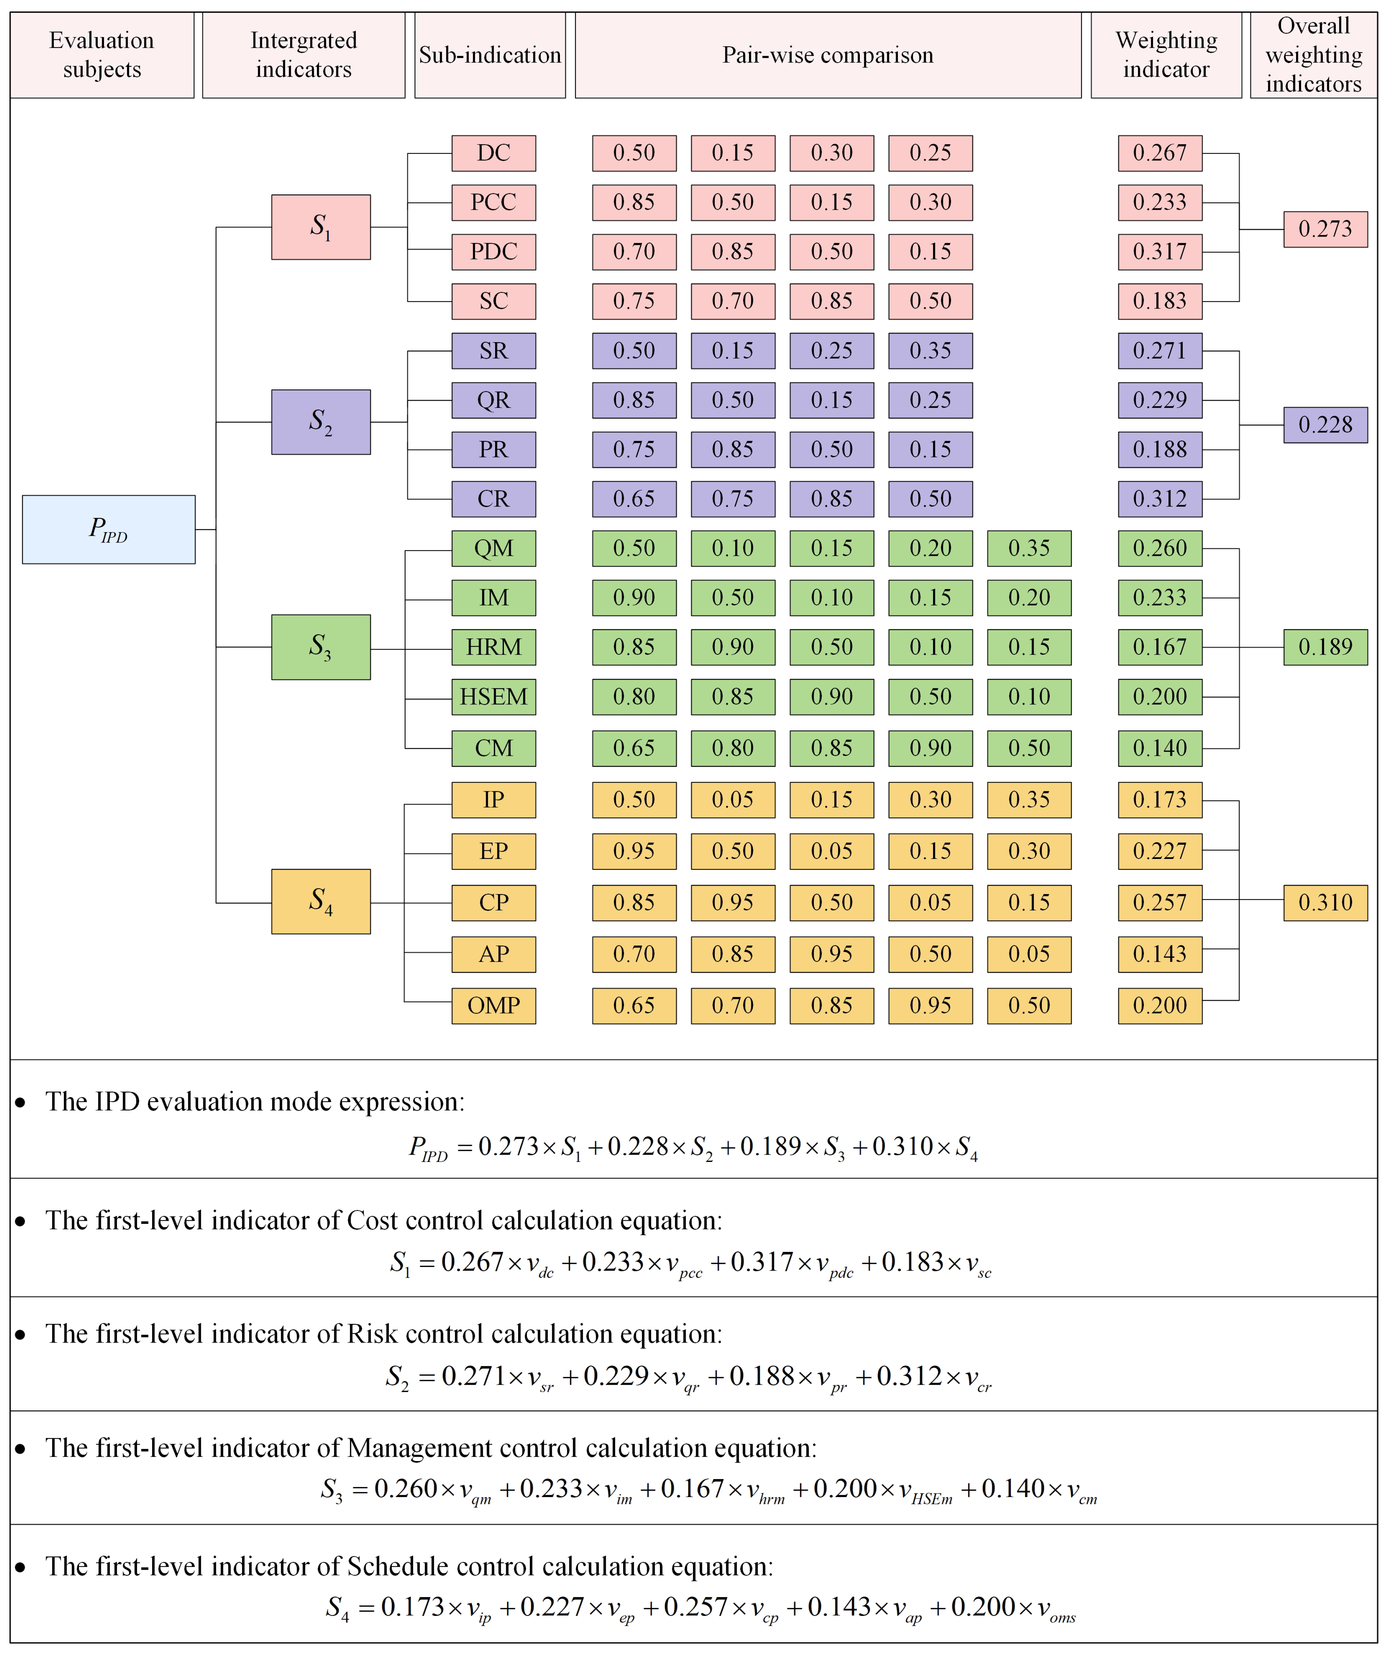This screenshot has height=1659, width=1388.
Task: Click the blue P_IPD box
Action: coord(108,529)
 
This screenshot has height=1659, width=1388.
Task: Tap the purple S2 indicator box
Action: coord(321,422)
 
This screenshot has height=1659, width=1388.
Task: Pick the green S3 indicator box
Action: coord(321,647)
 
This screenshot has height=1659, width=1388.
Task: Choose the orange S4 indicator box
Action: coord(321,901)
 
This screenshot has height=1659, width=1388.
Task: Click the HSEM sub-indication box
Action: coord(493,697)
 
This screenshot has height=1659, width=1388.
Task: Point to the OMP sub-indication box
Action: coord(493,1006)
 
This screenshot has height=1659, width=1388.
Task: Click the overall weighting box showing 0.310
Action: coord(1325,902)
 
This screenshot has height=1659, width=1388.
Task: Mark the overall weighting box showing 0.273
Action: coord(1325,229)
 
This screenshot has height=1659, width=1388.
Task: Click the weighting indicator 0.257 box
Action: coord(1159,902)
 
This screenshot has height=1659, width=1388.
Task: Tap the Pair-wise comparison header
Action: coord(827,55)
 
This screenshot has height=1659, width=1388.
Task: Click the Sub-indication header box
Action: coord(489,55)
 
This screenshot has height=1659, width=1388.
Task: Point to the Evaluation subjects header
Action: coord(102,55)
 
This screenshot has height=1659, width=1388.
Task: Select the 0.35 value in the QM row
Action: coord(1029,548)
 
